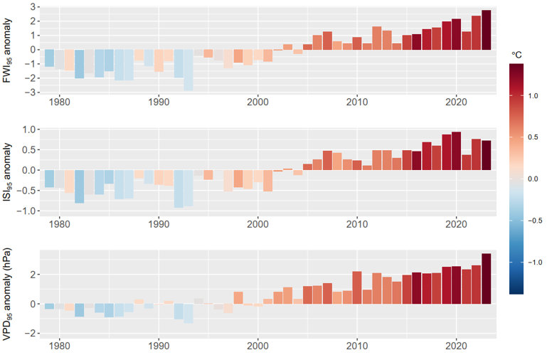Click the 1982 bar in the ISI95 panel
click(x=80, y=186)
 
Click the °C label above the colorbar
click(x=518, y=54)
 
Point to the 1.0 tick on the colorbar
click(x=533, y=96)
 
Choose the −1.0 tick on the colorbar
click(x=531, y=263)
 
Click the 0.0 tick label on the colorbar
click(x=533, y=179)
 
